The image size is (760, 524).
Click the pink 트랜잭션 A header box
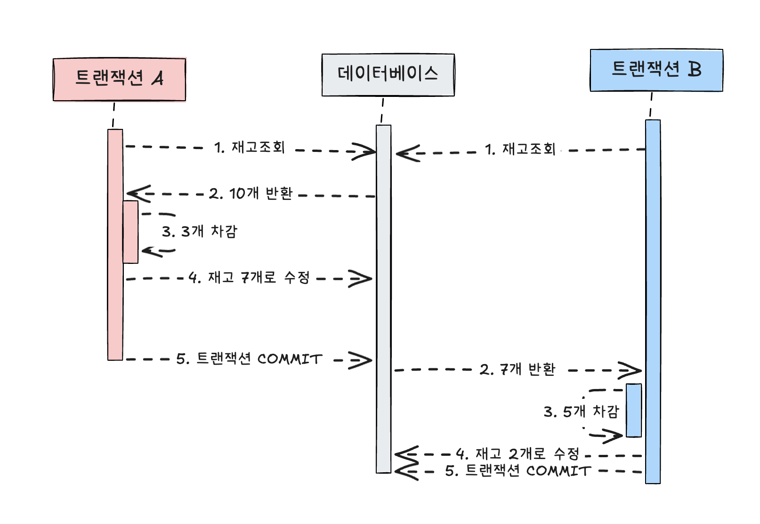119,79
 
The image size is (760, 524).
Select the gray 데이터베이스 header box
388,75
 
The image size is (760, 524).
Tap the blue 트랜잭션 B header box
656,70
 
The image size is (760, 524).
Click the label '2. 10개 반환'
251,193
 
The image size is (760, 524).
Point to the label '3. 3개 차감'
200,231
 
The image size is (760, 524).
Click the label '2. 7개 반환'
517,370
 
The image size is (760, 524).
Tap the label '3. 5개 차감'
581,412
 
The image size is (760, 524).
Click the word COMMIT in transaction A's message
290,359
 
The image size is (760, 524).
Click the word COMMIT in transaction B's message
558,471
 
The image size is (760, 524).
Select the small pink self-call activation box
130,232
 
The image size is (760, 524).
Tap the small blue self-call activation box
634,411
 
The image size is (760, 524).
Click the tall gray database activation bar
384,299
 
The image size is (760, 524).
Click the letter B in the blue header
695,69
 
